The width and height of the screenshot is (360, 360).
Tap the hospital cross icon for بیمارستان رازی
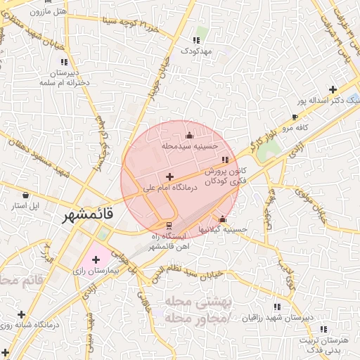[96, 260]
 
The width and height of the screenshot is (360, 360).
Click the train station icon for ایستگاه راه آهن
[168, 226]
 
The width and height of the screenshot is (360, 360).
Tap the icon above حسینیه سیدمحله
[188, 136]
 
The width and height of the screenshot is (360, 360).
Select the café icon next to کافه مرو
[294, 117]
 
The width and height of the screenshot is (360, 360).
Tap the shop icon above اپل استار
[26, 195]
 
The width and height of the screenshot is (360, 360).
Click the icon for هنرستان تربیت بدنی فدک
[323, 328]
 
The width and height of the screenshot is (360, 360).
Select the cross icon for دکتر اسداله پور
[333, 89]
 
